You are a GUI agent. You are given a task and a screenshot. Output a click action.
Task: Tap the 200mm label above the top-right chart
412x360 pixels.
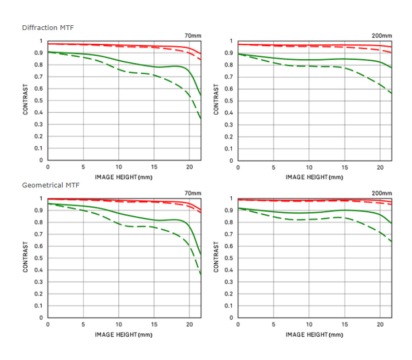pyautogui.click(x=382, y=36)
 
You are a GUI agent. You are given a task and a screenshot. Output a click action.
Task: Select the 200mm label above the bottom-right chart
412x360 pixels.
pyautogui.click(x=382, y=193)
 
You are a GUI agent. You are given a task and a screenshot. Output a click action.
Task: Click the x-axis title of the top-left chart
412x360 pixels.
pyautogui.click(x=124, y=177)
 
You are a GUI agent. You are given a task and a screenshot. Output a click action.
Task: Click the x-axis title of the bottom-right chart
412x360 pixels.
pyautogui.click(x=314, y=334)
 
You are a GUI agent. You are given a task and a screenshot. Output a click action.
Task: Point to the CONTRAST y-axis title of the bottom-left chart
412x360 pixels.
pyautogui.click(x=25, y=258)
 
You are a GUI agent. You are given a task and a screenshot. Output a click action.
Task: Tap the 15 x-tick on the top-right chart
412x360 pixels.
pyautogui.click(x=345, y=167)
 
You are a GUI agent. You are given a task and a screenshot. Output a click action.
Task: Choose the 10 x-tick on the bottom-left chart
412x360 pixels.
pyautogui.click(x=118, y=324)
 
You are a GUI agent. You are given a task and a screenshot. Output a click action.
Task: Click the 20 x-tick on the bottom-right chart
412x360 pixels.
pyautogui.click(x=380, y=324)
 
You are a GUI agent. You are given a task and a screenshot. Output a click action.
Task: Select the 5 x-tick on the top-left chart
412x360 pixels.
pyautogui.click(x=83, y=167)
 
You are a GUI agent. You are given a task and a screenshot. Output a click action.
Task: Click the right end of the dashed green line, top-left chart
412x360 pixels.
pyautogui.click(x=201, y=119)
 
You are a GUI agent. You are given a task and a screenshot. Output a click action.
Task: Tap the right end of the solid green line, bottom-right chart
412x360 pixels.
pyautogui.click(x=391, y=224)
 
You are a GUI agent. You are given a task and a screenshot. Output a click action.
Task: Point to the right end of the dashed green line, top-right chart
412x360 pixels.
pyautogui.click(x=391, y=93)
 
